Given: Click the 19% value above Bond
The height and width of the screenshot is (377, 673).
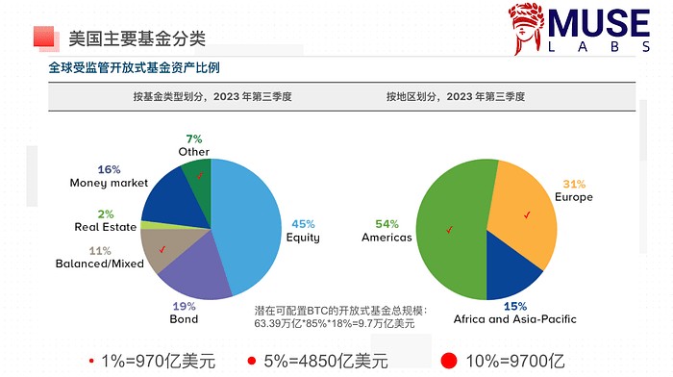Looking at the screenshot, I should (184, 307).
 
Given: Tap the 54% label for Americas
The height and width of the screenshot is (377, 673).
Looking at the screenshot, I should (386, 223).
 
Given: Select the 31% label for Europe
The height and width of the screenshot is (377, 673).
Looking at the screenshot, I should (573, 185).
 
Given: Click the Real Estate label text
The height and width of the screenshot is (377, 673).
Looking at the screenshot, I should (106, 227).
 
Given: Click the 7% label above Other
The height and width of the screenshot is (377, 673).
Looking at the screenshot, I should (194, 139).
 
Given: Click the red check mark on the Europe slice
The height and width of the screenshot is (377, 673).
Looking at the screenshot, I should (527, 215).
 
